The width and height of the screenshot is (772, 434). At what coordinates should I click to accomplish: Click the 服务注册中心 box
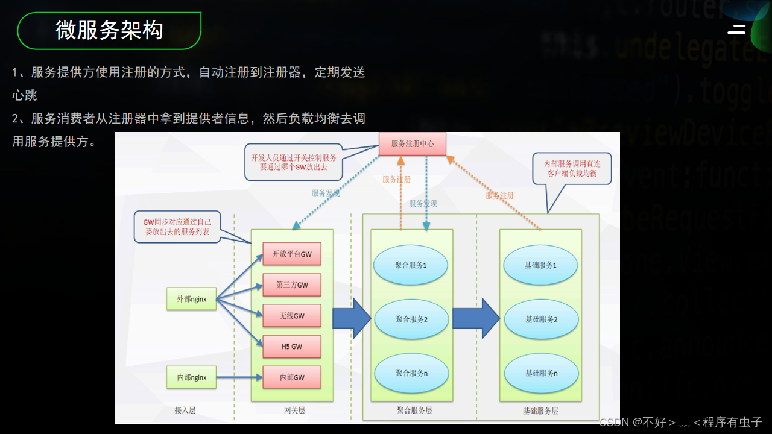point(412,143)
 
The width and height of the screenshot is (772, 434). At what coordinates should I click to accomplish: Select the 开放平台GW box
point(292,254)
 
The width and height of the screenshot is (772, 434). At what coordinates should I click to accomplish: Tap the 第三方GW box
point(292,285)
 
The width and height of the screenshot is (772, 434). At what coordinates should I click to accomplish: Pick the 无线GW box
point(292,315)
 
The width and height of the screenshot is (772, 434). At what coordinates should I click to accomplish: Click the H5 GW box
point(292,347)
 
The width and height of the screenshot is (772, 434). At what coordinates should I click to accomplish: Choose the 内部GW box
point(292,377)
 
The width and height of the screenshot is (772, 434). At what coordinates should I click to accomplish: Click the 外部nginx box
point(192,298)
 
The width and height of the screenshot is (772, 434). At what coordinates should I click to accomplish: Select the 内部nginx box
point(192,377)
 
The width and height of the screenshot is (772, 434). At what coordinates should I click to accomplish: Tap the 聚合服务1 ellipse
point(411,265)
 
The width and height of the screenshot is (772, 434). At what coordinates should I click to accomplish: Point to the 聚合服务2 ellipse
point(411,319)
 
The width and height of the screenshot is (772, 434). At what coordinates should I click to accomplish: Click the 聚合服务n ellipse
point(411,373)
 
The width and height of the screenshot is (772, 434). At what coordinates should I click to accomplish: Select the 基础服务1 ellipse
point(541,265)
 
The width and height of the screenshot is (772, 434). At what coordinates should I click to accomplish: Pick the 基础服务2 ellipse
point(541,319)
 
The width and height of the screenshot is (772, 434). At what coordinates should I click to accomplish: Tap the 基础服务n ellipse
point(541,373)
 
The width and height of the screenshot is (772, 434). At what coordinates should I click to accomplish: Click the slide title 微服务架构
point(109,30)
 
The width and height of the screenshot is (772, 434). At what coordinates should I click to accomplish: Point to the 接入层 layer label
point(185,410)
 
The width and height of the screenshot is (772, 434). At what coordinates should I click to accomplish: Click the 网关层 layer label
point(294,410)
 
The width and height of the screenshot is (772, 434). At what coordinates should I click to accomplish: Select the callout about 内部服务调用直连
point(572,168)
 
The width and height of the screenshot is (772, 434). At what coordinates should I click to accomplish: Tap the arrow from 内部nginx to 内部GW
point(239,377)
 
